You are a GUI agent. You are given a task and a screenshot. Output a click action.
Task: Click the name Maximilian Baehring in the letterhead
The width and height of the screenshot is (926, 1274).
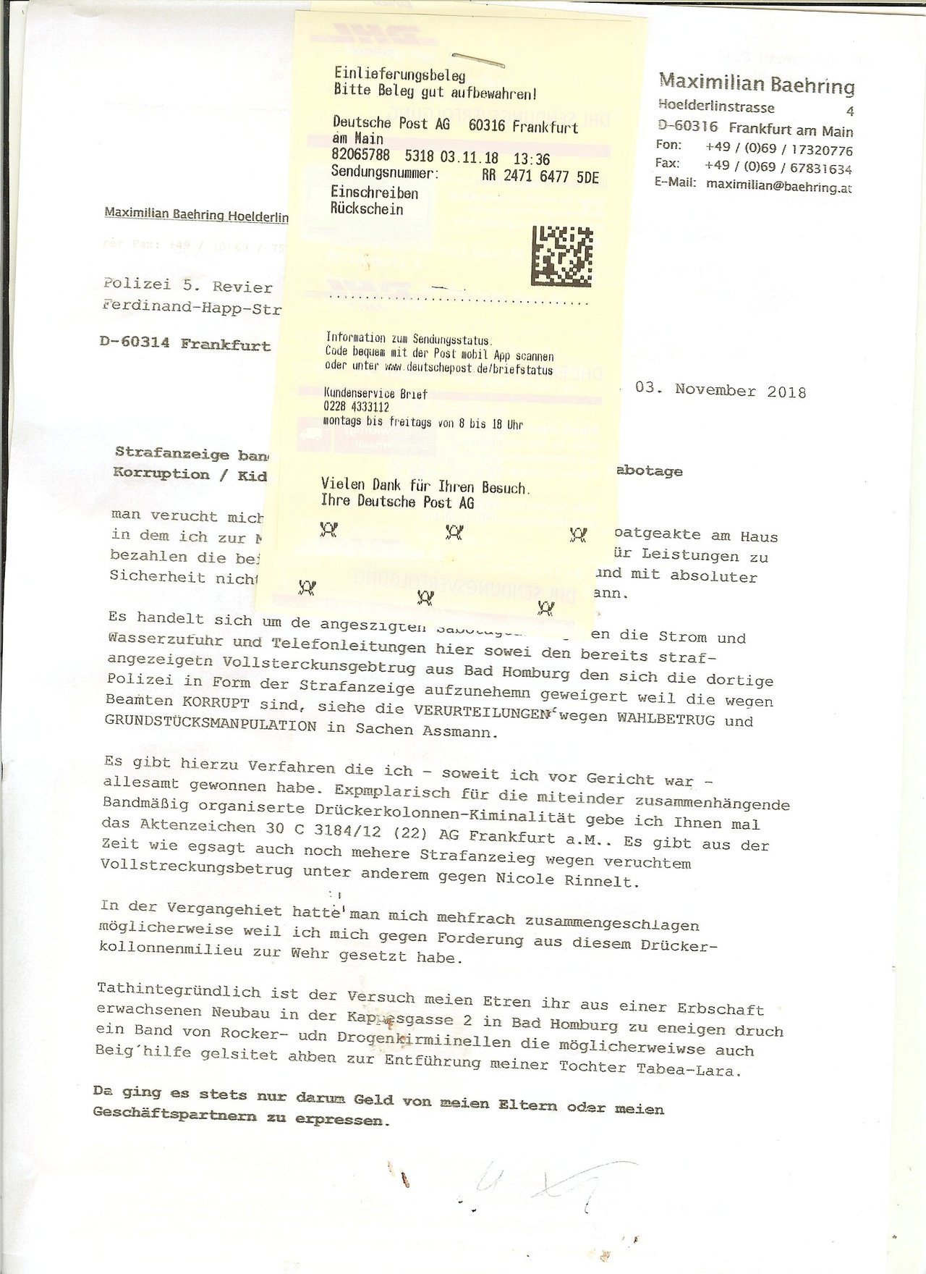757,85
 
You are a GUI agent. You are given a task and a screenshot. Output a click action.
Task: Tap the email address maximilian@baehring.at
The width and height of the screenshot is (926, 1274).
778,187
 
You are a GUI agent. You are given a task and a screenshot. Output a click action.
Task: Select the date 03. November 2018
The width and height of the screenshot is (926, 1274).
721,391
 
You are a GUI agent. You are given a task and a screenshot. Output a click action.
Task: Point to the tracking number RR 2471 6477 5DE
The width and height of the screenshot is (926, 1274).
540,177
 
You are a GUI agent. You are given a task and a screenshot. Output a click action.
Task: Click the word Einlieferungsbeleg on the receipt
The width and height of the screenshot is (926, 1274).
399,75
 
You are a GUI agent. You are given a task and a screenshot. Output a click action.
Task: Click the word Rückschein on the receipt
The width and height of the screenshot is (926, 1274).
367,210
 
